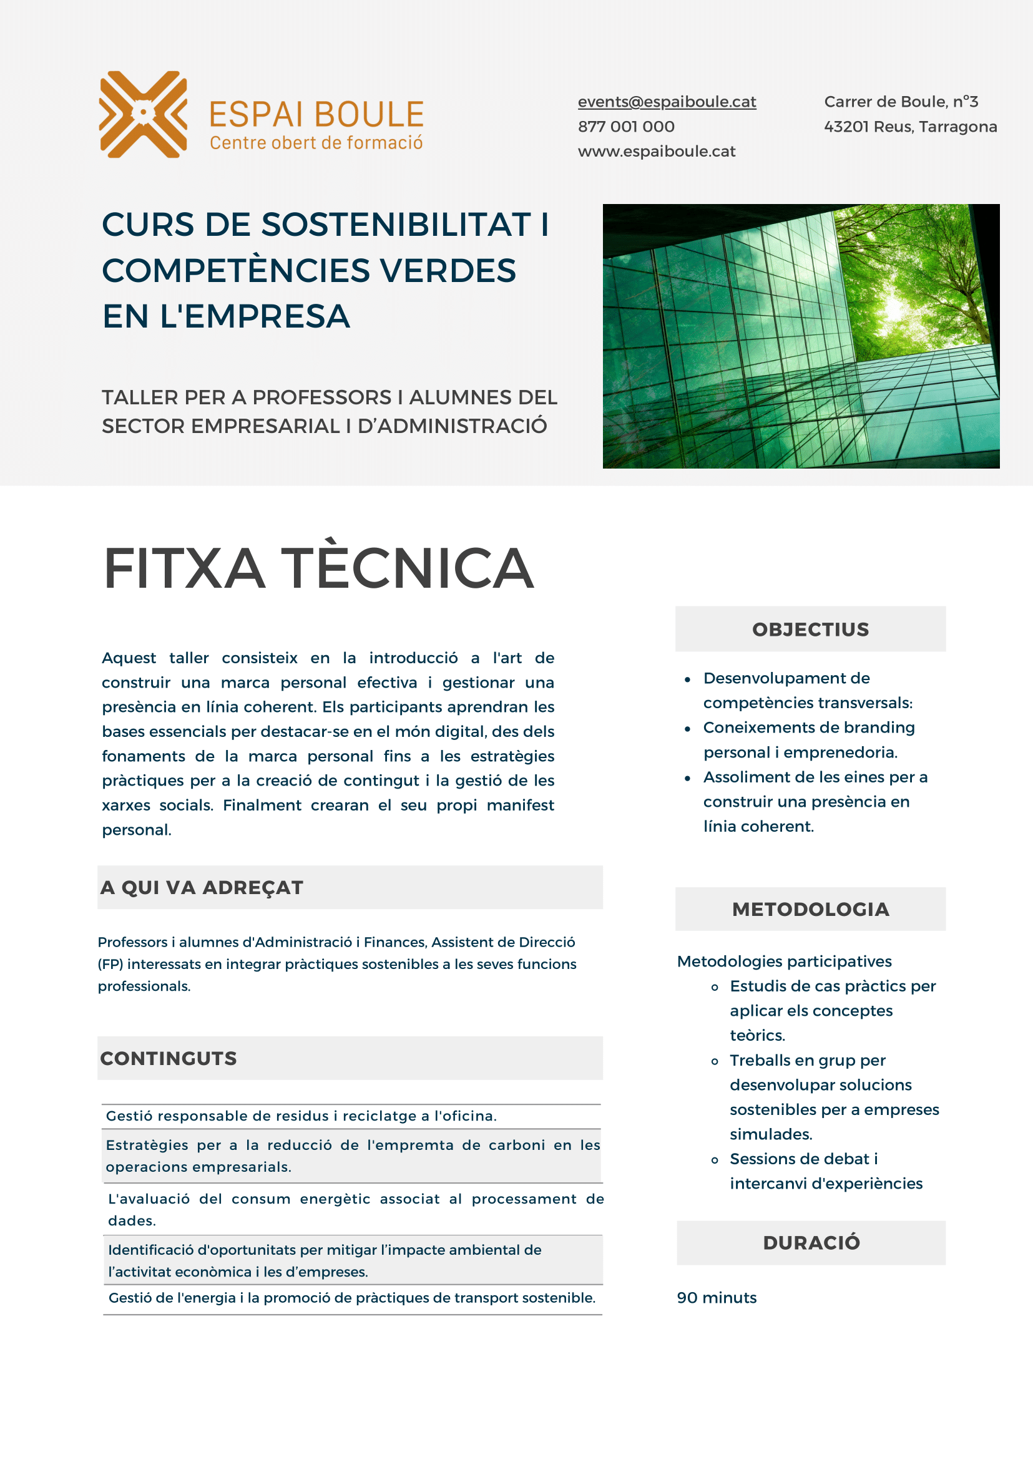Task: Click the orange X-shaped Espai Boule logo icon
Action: pos(143,114)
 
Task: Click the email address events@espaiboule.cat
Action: pos(667,102)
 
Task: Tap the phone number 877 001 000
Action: pos(626,127)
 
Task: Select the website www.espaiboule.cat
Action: pos(657,152)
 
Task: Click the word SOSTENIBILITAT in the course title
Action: pos(396,225)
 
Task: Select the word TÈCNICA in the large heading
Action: pos(407,568)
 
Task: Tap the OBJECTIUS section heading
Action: pos(810,630)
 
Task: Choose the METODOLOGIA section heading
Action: pos(810,909)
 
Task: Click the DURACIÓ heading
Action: pos(811,1242)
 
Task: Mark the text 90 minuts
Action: pos(716,1298)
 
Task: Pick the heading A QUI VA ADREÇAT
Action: pos(202,888)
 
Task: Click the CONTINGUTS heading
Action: pos(169,1059)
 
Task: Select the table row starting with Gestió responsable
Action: pos(301,1116)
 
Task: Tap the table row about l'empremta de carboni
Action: pos(352,1156)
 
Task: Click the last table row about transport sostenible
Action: pos(352,1298)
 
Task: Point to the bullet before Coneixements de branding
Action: pos(688,729)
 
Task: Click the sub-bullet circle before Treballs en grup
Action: pos(715,1061)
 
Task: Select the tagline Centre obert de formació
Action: pos(316,143)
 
